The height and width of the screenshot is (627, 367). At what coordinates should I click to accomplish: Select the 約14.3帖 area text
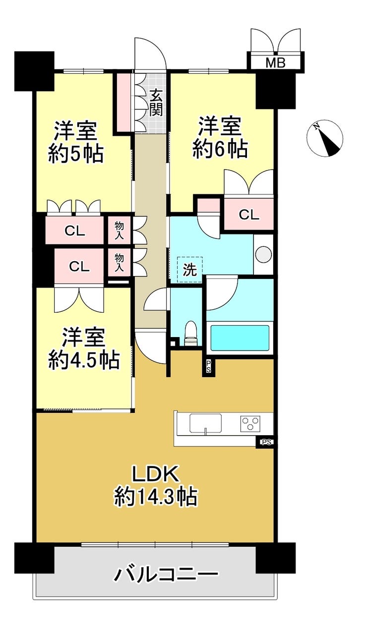point(155,497)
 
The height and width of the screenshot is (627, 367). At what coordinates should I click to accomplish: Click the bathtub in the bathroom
point(240,338)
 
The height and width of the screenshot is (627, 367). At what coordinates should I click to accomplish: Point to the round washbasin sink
point(263,254)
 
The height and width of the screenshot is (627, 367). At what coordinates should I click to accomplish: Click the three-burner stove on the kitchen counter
point(250,424)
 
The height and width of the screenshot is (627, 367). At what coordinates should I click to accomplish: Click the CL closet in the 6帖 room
point(248,214)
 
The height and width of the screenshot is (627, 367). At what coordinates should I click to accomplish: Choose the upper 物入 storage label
point(120,230)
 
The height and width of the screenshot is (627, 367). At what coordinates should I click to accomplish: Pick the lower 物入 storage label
point(120,262)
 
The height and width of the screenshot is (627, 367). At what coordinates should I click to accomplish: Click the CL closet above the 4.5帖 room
point(79,266)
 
